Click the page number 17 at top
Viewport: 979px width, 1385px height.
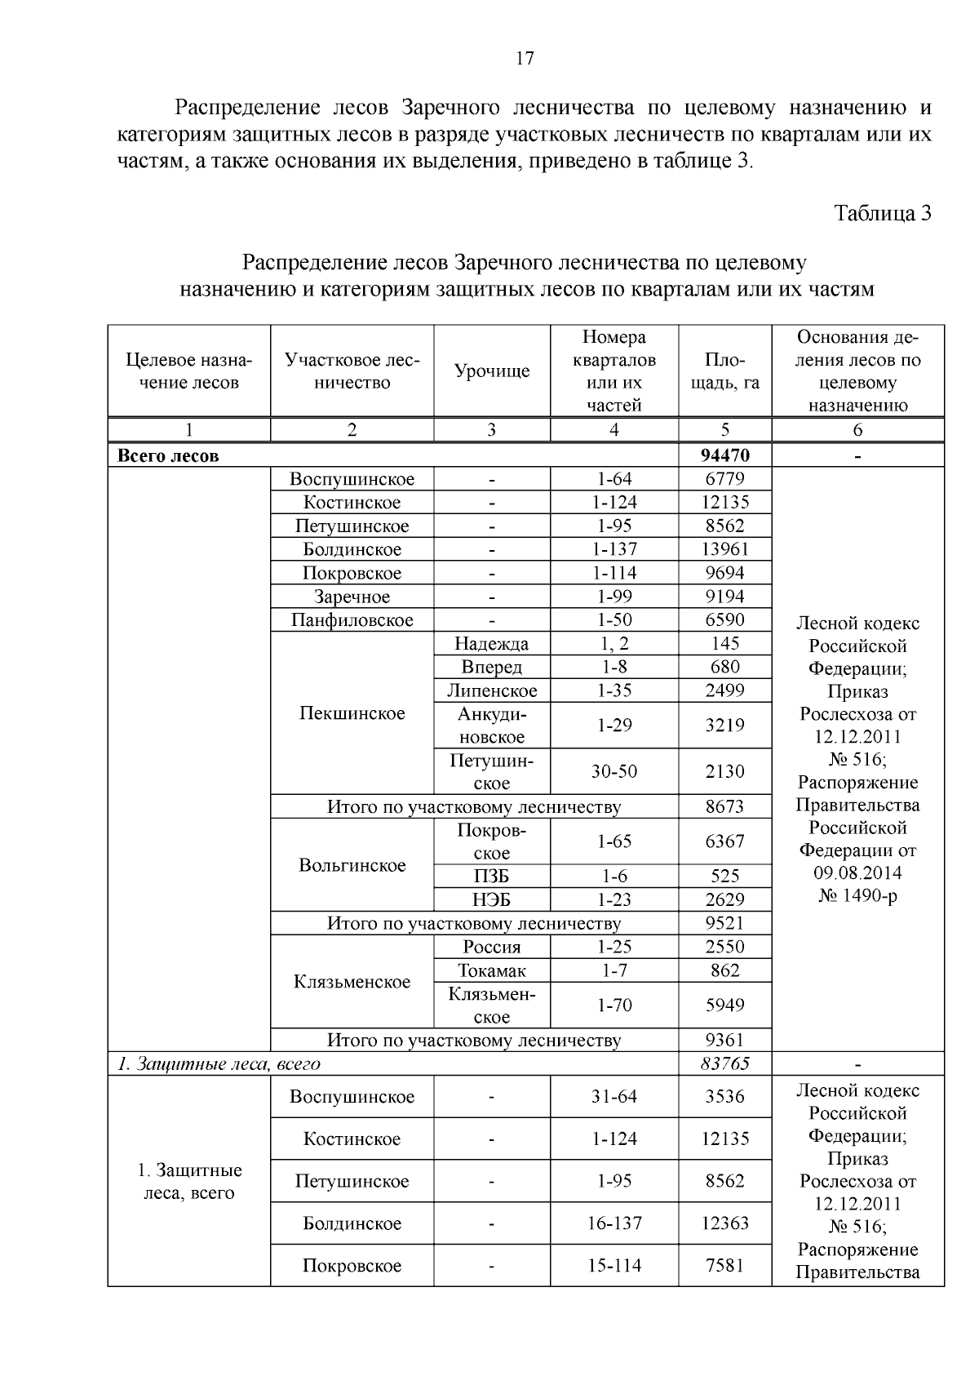[525, 58]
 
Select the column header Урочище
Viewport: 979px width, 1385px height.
[491, 371]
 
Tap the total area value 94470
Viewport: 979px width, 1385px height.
[724, 455]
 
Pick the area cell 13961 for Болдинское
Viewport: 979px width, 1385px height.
[724, 549]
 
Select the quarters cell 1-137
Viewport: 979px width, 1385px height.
[614, 549]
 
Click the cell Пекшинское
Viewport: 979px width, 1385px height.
[352, 713]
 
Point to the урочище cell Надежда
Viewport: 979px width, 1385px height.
[491, 644]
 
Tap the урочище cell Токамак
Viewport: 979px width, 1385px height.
[491, 970]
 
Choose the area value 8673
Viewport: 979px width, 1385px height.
[724, 807]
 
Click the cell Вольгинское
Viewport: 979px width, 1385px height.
[352, 865]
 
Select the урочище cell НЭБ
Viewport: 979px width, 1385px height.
[491, 899]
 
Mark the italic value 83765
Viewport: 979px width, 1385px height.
[724, 1063]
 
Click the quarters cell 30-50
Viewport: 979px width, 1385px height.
[614, 771]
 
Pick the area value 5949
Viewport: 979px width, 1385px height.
[724, 1005]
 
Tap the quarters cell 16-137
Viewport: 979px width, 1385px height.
[614, 1223]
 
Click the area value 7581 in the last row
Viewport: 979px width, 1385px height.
[724, 1266]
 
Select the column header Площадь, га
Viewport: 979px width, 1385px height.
[724, 371]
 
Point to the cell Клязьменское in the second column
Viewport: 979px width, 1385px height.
[352, 982]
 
